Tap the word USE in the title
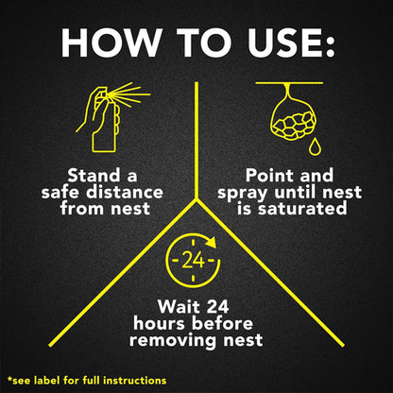(x=285, y=43)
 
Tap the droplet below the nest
(x=315, y=147)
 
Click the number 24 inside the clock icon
(x=194, y=261)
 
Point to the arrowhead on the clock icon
(x=211, y=242)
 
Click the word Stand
(x=94, y=175)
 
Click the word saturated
(x=302, y=208)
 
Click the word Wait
(x=177, y=306)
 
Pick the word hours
(x=160, y=323)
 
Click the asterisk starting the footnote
(x=9, y=378)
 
